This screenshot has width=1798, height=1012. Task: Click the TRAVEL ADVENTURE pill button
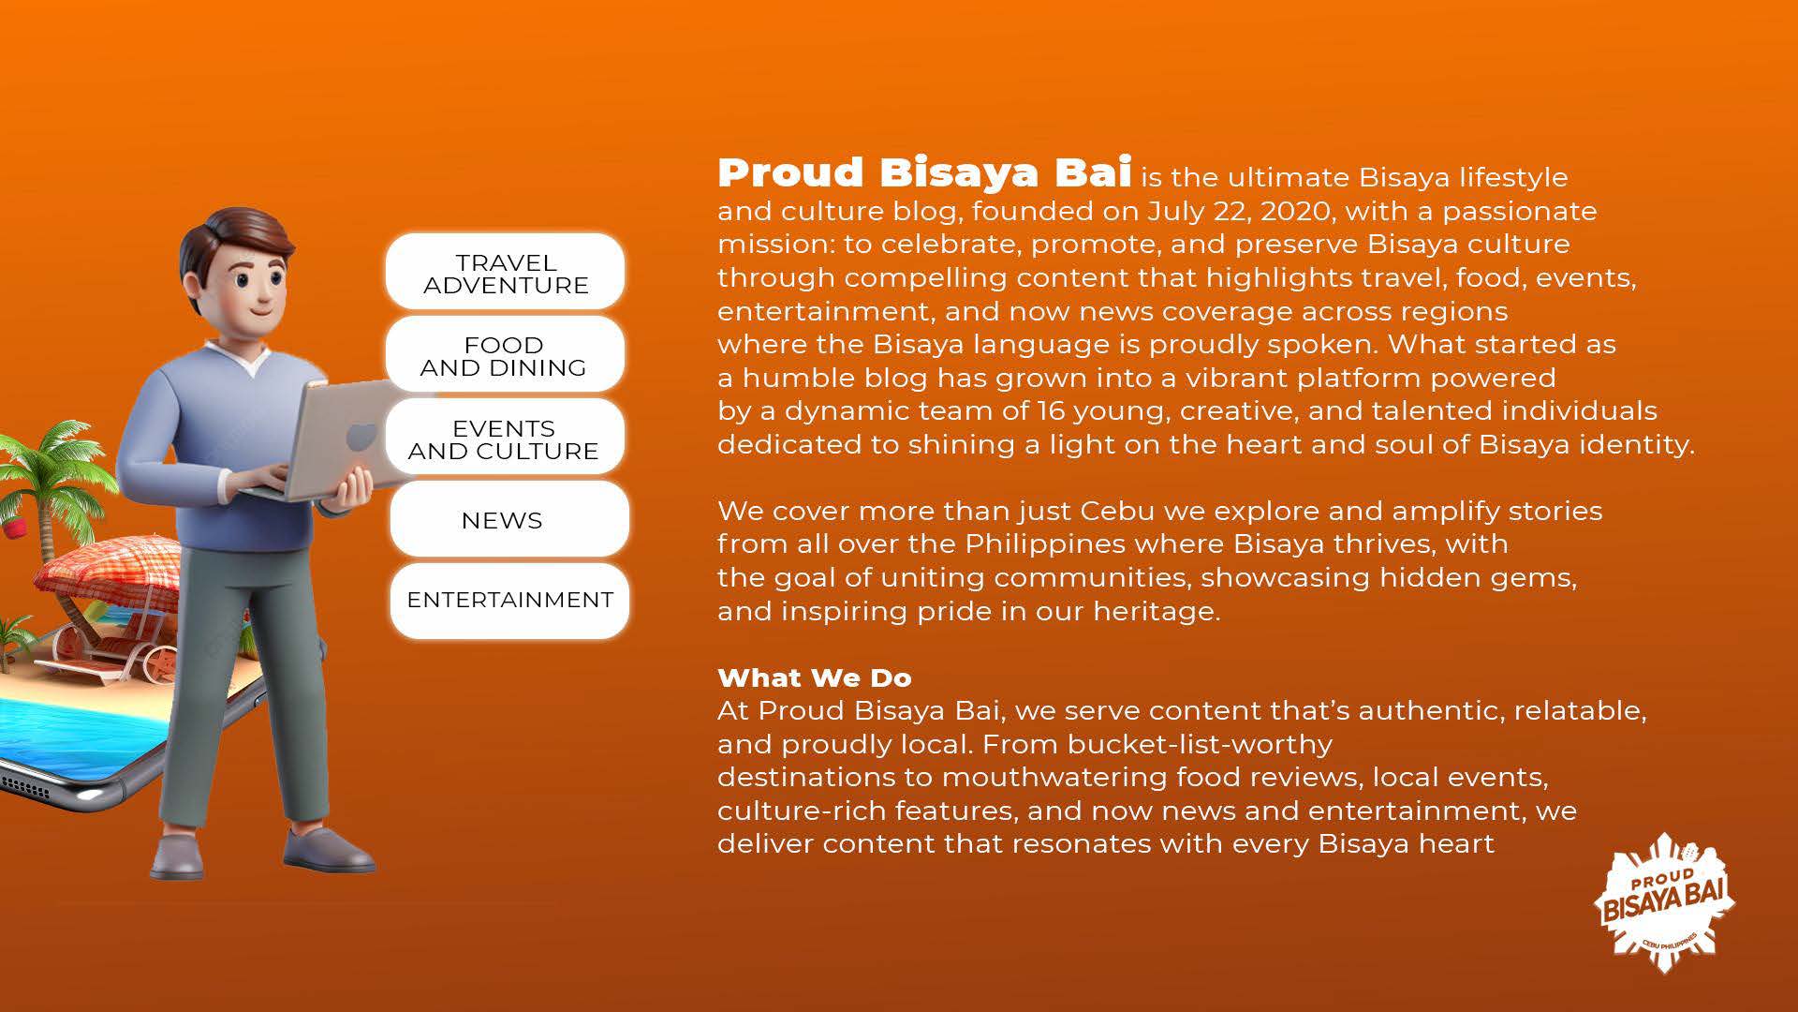(x=505, y=272)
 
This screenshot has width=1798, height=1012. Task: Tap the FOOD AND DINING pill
(x=505, y=354)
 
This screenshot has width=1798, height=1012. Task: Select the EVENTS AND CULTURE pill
(x=505, y=437)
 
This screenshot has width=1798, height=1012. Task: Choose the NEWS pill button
(x=508, y=519)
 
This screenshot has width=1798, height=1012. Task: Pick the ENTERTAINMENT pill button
(x=508, y=601)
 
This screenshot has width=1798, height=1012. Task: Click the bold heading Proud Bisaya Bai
(x=924, y=172)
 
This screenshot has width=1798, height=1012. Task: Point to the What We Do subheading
(x=814, y=677)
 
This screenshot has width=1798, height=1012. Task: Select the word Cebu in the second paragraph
(x=1116, y=511)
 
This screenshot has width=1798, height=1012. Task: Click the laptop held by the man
(x=323, y=440)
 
